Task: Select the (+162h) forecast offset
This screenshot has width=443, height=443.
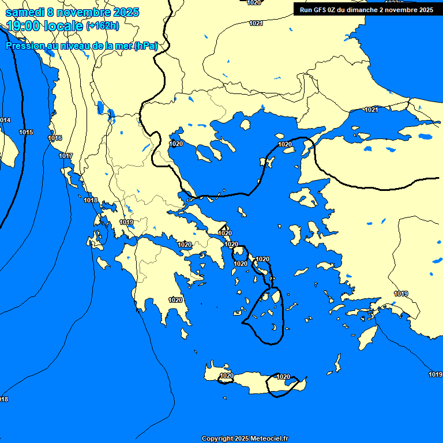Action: [102, 25]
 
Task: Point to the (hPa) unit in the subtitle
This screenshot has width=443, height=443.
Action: [146, 46]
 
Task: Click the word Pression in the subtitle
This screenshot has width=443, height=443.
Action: [25, 46]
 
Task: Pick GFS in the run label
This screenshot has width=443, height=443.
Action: [321, 10]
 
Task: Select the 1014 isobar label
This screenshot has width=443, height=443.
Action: [5, 120]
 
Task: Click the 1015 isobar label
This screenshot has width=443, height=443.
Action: [26, 132]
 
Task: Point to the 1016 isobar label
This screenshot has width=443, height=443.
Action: [55, 138]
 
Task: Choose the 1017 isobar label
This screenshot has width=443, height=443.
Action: [66, 156]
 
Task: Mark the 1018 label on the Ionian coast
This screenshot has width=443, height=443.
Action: [91, 200]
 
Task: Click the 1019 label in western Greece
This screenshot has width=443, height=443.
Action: [126, 222]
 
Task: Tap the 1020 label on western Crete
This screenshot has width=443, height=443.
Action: [227, 376]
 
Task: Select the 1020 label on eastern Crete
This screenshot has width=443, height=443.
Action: [283, 377]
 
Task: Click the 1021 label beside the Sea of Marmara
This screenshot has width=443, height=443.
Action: [371, 110]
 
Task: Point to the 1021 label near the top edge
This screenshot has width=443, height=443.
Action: [256, 23]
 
